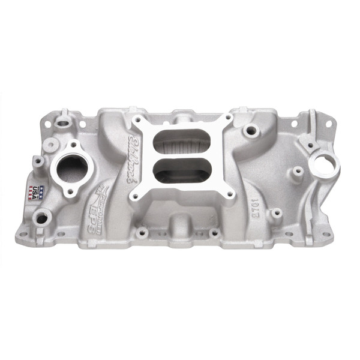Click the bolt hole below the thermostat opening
[71, 191]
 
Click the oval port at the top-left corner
[62, 122]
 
